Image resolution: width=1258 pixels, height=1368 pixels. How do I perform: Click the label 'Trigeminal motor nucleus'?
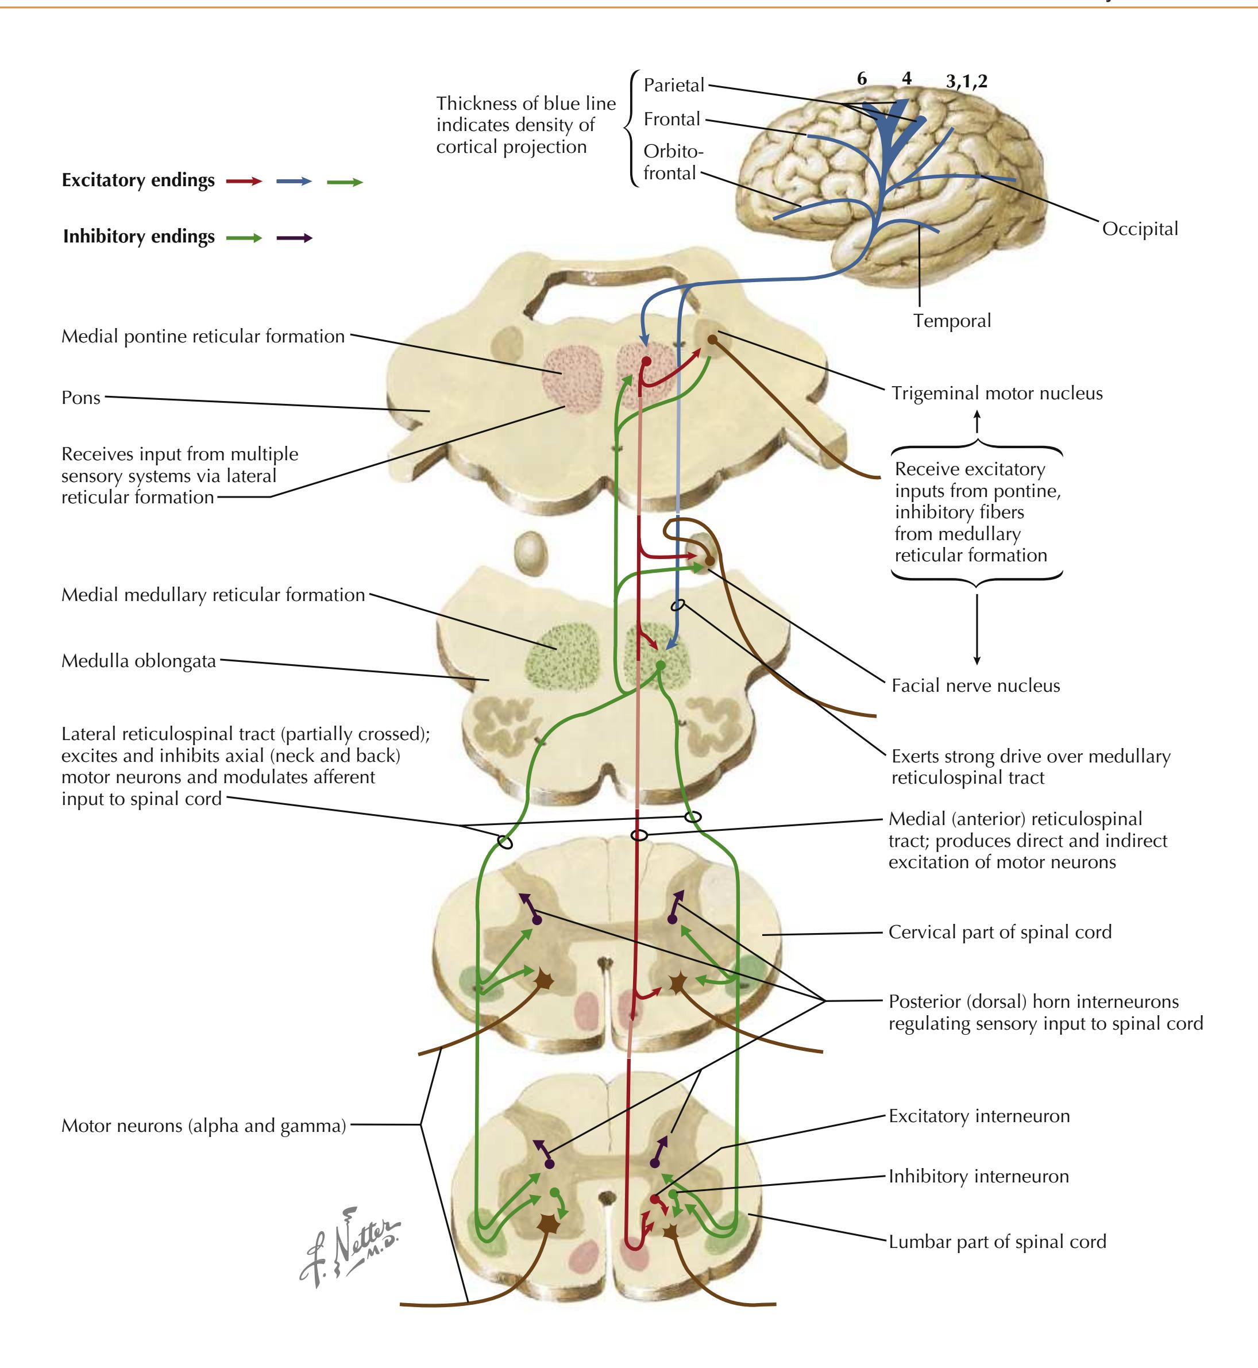[997, 394]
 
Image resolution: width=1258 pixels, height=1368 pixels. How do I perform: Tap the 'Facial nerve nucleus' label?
[975, 685]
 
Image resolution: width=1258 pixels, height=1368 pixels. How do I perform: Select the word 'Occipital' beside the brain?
[1140, 229]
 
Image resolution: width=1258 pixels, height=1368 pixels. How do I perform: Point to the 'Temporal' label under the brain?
[952, 321]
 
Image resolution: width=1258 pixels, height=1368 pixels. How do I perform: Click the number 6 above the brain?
[862, 79]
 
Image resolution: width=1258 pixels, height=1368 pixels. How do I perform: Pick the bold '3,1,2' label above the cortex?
[967, 82]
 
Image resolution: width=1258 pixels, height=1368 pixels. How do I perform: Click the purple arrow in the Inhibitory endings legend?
[294, 238]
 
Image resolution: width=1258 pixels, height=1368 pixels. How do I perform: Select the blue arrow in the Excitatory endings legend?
[294, 182]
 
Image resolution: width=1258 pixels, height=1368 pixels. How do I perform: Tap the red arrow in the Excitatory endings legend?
[244, 182]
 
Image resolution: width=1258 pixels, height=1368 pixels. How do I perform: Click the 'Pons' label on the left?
[81, 398]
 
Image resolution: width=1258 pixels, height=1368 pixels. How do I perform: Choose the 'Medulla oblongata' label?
[138, 661]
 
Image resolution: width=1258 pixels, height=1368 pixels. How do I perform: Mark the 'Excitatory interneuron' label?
[979, 1116]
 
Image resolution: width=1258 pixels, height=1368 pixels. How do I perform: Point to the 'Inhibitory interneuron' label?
[978, 1176]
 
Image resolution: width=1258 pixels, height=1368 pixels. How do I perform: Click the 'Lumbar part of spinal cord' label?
[997, 1242]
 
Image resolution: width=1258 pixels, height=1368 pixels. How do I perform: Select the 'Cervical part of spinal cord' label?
[1000, 932]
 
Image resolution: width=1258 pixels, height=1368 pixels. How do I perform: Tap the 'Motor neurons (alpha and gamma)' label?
[203, 1126]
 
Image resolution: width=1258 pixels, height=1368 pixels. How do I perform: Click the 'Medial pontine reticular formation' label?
[203, 336]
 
